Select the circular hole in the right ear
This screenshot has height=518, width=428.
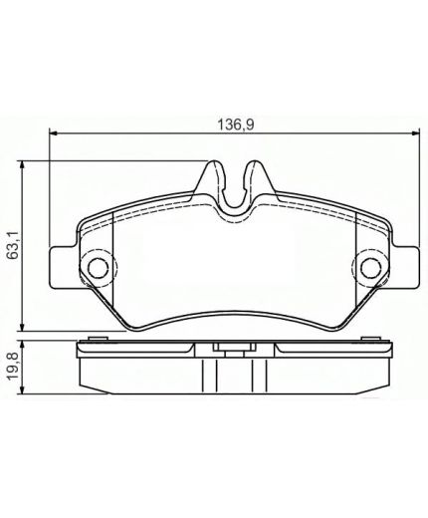(370, 267)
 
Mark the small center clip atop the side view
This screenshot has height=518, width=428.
(233, 348)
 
